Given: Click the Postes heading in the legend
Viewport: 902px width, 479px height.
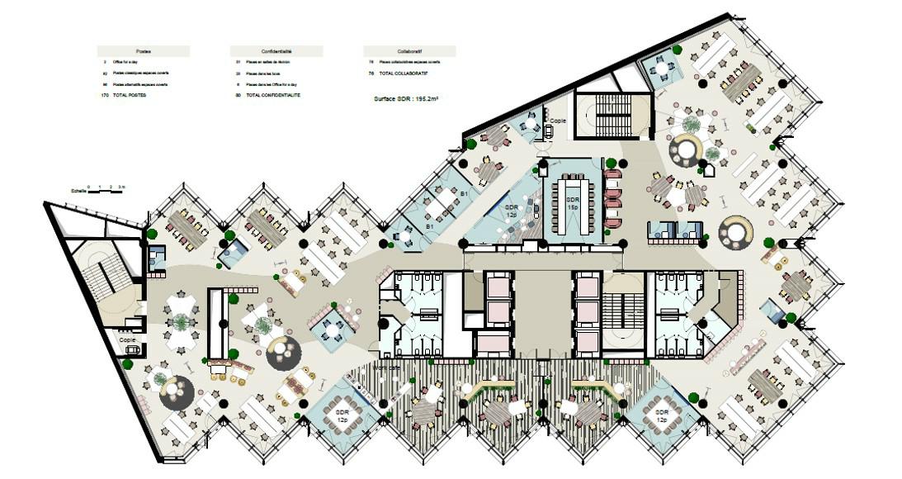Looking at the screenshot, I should click(143, 51).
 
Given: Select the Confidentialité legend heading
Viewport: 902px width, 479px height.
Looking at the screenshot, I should click(276, 51).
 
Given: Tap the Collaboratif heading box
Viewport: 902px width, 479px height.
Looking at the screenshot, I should click(409, 51).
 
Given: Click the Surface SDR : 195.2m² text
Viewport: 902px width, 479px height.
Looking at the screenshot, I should click(406, 97).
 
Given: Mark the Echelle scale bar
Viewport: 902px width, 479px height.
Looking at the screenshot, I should click(106, 192).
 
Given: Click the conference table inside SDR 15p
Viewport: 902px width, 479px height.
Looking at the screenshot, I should click(574, 203).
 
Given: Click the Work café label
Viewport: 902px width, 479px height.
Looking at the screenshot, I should click(387, 367).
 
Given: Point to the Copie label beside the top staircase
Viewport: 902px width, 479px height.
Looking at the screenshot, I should click(557, 121).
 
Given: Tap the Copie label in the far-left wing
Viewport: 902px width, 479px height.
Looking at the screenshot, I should click(127, 339).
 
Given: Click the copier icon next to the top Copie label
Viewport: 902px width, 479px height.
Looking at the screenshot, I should click(547, 130).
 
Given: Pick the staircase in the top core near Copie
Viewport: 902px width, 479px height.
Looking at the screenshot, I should click(612, 116).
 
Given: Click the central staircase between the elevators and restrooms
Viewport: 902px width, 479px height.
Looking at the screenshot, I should click(620, 313).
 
